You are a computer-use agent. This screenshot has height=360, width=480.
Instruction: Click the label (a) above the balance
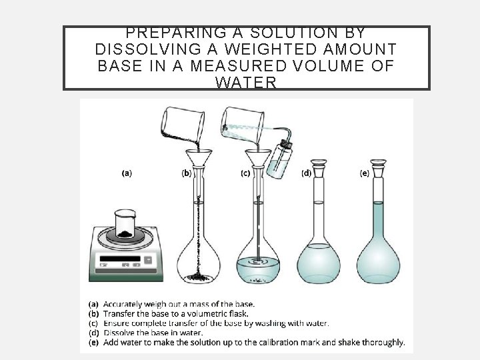click(x=125, y=173)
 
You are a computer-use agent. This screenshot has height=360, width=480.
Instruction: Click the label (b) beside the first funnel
click(x=187, y=173)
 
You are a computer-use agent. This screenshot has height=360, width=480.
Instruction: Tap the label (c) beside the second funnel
click(x=245, y=173)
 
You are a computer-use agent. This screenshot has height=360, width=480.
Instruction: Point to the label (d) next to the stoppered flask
click(x=306, y=173)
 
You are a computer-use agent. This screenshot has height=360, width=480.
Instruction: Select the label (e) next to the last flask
click(x=365, y=173)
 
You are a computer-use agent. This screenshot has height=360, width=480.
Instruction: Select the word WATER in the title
click(x=246, y=83)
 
